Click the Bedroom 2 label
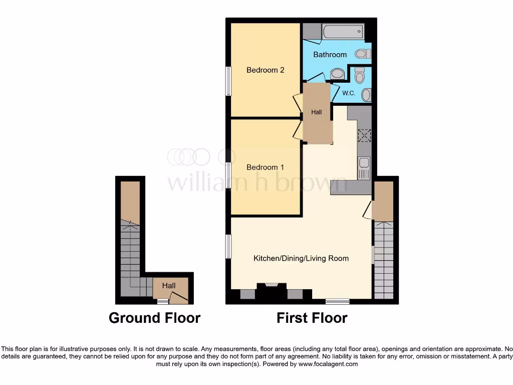click(x=265, y=70)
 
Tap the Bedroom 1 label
click(x=265, y=167)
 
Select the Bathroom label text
click(x=330, y=55)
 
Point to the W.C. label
click(x=349, y=93)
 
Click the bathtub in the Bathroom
click(x=343, y=33)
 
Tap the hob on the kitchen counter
click(x=364, y=135)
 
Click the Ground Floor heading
click(x=154, y=318)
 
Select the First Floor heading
click(x=312, y=318)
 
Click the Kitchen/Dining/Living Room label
click(x=301, y=259)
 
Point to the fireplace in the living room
click(x=271, y=292)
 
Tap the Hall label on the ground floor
click(x=169, y=286)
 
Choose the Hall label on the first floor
click(x=317, y=113)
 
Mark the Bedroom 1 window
click(x=228, y=175)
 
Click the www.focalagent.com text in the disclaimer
click(x=328, y=364)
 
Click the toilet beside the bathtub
click(x=362, y=54)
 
